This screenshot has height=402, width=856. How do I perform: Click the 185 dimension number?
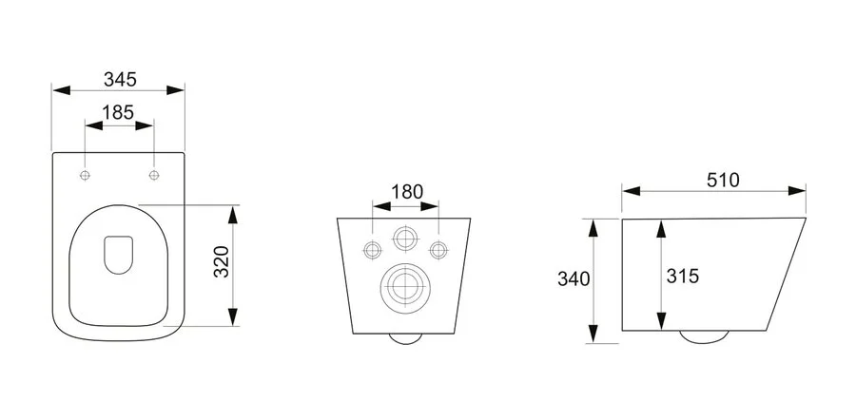(118, 111)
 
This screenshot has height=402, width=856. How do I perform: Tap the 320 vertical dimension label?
(221, 264)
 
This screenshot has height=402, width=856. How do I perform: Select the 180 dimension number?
(406, 190)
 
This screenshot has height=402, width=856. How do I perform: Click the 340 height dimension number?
(574, 278)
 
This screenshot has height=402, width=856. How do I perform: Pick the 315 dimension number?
(683, 277)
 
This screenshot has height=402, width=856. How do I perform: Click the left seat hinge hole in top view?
(86, 176)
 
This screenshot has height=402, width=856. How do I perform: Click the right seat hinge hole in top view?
(153, 176)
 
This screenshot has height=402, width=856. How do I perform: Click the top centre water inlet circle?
(405, 239)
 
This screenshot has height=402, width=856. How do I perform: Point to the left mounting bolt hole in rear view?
(372, 250)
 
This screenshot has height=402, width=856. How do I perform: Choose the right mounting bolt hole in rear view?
(438, 250)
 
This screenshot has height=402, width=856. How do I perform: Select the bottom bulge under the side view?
(704, 336)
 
